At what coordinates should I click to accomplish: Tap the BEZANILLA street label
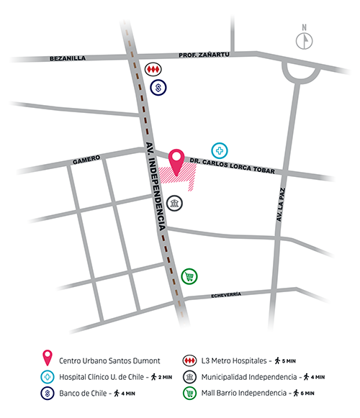[x=69, y=58]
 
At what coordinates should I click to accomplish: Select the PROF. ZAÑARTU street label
[x=206, y=54]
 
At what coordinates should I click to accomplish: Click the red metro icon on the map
[x=153, y=69]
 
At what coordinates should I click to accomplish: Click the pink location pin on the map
[x=176, y=161]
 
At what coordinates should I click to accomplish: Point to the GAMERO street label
[x=86, y=161]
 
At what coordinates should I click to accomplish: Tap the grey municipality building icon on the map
[x=174, y=204]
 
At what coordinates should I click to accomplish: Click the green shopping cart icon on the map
[x=189, y=276]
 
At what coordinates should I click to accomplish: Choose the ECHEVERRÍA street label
[x=231, y=296]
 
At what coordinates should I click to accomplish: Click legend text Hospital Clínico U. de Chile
[x=104, y=376]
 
